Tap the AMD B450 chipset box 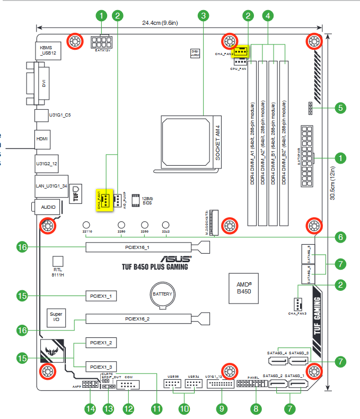(x=243, y=287)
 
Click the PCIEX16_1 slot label (x=137, y=247)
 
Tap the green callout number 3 (x=202, y=16)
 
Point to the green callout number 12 (x=128, y=408)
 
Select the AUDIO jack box (x=48, y=207)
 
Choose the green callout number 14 (x=90, y=408)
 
